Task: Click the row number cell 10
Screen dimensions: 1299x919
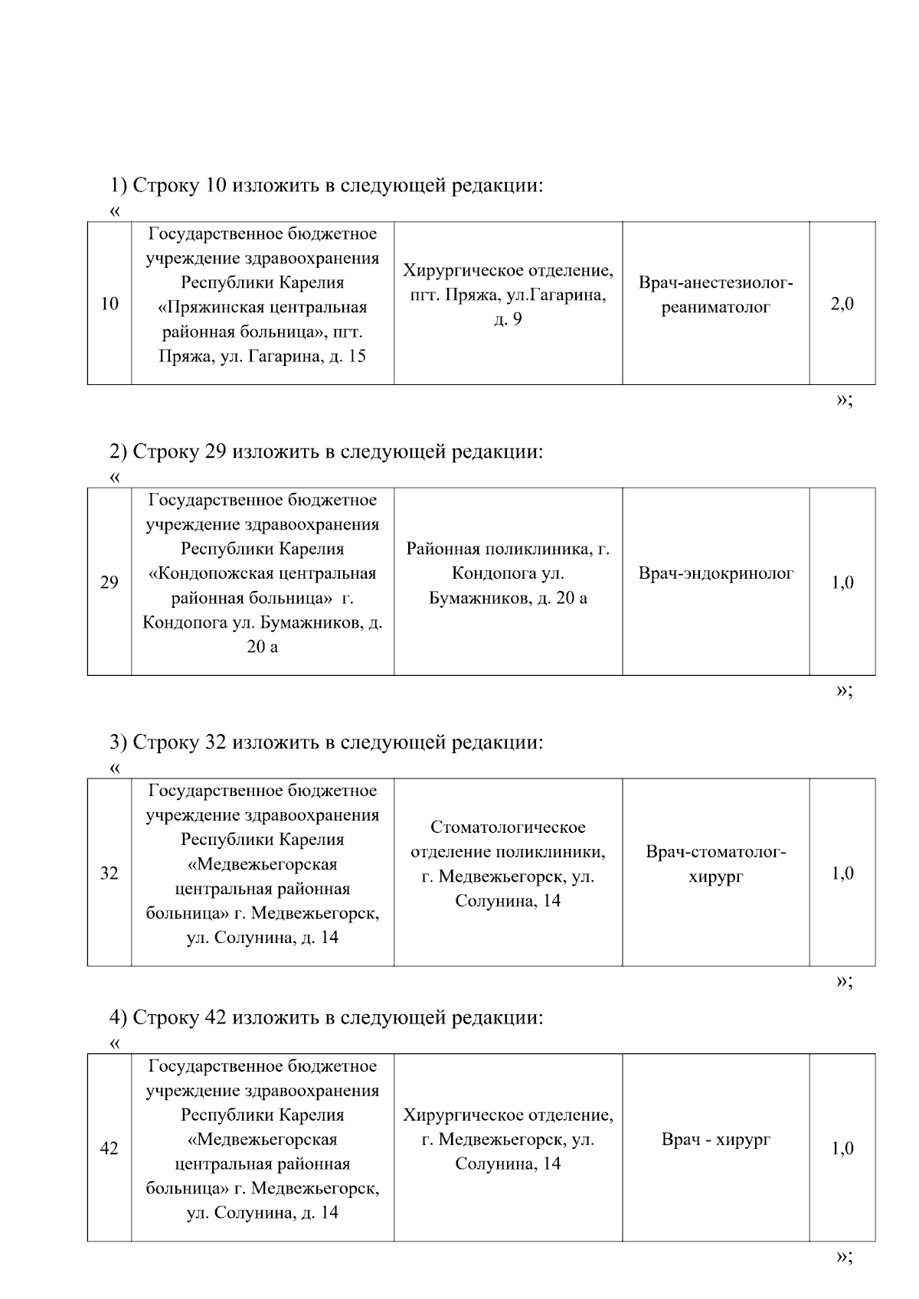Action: tap(110, 304)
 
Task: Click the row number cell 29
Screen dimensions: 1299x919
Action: tap(110, 583)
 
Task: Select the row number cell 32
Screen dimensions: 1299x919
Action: tap(110, 873)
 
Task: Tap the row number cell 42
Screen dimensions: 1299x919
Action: tap(110, 1148)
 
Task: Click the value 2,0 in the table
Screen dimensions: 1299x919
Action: tap(842, 304)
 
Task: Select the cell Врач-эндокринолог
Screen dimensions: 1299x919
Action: tap(716, 573)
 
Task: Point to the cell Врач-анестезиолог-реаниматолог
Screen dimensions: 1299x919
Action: tap(716, 295)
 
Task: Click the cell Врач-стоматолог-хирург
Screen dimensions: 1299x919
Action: tap(716, 864)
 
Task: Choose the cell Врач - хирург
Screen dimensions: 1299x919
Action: tap(716, 1139)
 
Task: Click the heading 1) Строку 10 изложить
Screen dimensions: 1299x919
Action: tap(326, 186)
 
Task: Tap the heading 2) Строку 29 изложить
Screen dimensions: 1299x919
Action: tap(326, 452)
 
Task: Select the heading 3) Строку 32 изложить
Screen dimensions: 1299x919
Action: tap(326, 742)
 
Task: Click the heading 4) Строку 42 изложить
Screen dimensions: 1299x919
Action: tap(326, 1017)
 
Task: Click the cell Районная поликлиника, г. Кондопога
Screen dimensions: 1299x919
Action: tap(508, 573)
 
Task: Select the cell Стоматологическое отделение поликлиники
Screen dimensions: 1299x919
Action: tap(508, 863)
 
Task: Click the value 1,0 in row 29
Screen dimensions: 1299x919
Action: tap(842, 583)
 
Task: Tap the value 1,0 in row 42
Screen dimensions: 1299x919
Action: tap(842, 1148)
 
